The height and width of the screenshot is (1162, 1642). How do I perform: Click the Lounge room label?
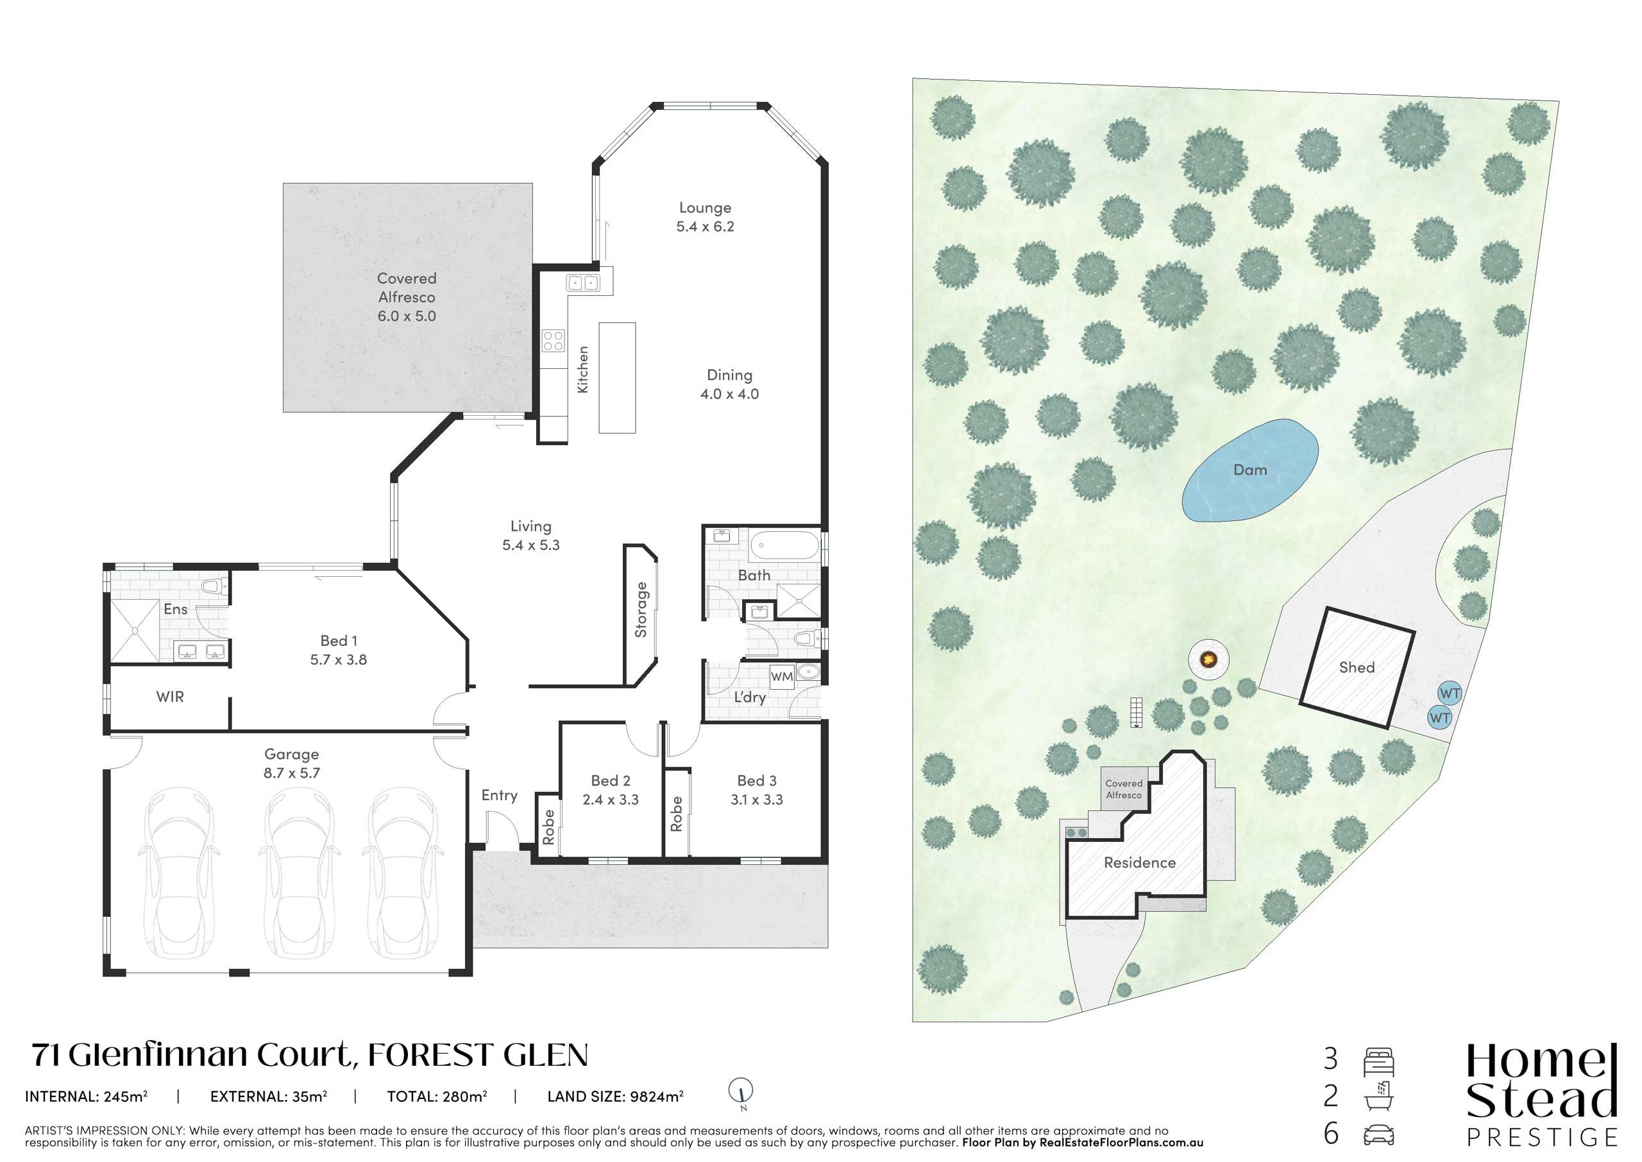(705, 207)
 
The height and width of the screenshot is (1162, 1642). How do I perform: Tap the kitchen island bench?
(617, 378)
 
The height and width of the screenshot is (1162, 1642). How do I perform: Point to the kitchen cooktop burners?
(553, 341)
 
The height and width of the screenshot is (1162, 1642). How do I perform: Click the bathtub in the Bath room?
(784, 545)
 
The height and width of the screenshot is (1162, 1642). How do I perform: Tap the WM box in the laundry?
(782, 677)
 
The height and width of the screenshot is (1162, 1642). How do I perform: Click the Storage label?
(641, 610)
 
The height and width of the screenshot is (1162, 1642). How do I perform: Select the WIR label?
(170, 696)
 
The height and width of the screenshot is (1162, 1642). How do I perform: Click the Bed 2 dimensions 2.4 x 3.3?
(611, 799)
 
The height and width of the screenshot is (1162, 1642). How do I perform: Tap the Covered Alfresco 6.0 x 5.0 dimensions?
(407, 316)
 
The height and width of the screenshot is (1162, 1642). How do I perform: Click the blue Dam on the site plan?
(1249, 470)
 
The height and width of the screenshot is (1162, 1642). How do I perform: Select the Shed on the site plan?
(1357, 667)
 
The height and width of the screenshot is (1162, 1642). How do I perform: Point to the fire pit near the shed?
(1208, 658)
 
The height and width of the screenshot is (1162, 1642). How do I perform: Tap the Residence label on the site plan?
(1140, 862)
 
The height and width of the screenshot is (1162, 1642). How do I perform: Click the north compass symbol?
(741, 1093)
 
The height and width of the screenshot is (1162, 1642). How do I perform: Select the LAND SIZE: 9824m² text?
(616, 1096)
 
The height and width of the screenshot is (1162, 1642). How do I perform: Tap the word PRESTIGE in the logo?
(1542, 1138)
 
